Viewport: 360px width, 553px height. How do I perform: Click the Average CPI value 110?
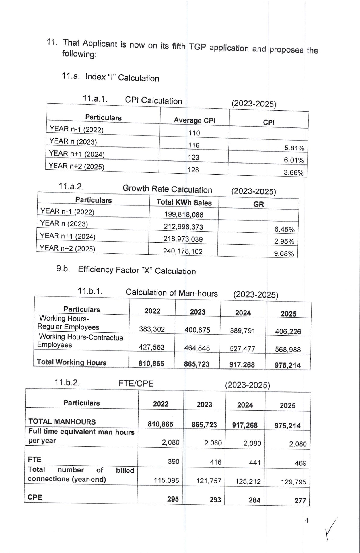[x=194, y=133]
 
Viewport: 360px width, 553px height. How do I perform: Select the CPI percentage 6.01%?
[x=294, y=160]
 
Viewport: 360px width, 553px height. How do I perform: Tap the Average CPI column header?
[x=194, y=121]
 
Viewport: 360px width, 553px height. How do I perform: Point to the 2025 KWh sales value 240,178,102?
[x=183, y=251]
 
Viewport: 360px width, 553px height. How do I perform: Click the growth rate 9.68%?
[x=284, y=253]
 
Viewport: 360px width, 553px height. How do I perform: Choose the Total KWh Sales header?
[x=184, y=203]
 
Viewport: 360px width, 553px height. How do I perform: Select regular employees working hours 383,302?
[x=152, y=329]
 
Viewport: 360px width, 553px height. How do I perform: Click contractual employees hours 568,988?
[x=288, y=349]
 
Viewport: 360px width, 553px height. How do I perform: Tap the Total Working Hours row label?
[x=71, y=362]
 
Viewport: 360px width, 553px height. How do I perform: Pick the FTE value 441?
[x=254, y=463]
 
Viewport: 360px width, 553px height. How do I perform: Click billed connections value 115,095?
[x=166, y=480]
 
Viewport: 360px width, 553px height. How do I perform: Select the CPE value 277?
[x=300, y=501]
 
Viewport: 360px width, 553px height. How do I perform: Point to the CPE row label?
[x=35, y=497]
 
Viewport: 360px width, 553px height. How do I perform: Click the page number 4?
[x=306, y=520]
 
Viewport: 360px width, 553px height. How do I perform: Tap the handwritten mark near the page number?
[x=331, y=529]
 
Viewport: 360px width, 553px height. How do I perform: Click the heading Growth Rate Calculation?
[x=167, y=189]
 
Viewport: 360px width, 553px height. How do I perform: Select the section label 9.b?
[x=63, y=269]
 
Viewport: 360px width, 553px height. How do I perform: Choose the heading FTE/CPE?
[x=136, y=383]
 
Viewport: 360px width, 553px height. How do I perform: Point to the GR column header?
[x=258, y=204]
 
